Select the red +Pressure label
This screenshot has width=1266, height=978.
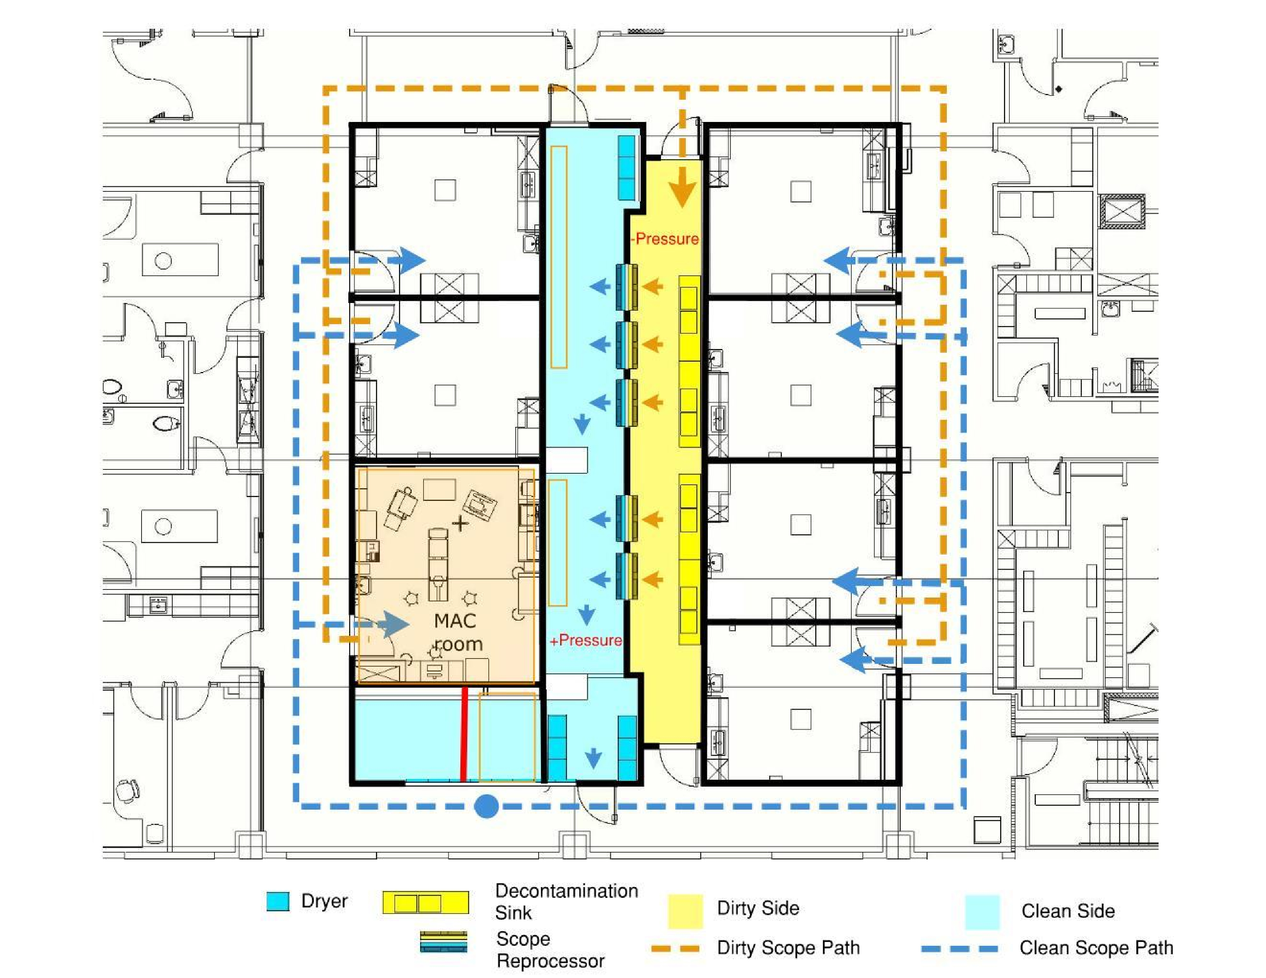point(585,640)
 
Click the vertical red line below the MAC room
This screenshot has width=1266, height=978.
point(464,734)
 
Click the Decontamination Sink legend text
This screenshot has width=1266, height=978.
point(566,902)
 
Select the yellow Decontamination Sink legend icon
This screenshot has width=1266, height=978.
point(425,903)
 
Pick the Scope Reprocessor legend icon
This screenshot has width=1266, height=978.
point(443,942)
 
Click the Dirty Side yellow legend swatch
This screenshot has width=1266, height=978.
point(685,911)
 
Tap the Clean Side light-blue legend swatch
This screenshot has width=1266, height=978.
point(982,912)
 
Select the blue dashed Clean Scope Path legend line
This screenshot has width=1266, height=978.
point(960,948)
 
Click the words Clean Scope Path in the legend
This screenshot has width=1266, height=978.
point(1096,948)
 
